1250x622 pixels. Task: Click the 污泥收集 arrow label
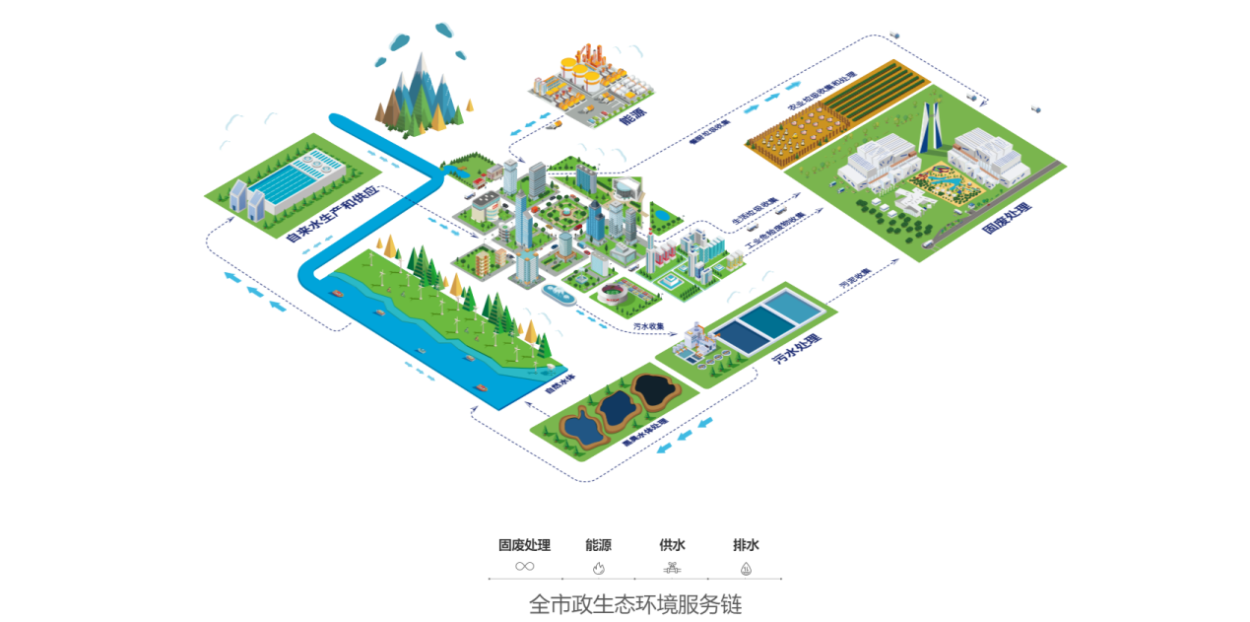click(x=855, y=278)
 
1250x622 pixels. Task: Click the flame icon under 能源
click(x=598, y=568)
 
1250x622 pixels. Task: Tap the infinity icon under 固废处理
click(x=524, y=567)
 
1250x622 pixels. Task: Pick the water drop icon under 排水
click(x=746, y=568)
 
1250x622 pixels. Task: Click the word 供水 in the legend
click(x=672, y=545)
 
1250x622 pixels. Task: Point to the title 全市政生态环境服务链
click(x=634, y=603)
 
